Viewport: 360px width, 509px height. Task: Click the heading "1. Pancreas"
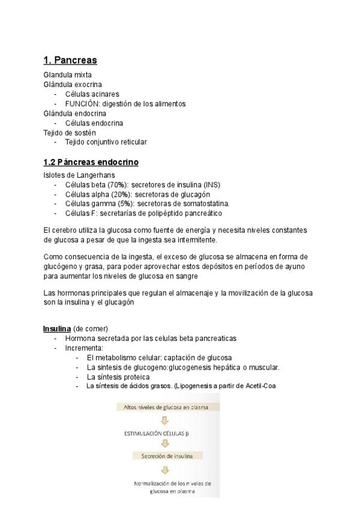point(70,60)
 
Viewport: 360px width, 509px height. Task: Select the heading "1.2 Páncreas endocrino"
point(91,162)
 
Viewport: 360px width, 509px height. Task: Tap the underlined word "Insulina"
point(57,328)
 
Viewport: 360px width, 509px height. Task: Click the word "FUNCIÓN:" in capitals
point(82,104)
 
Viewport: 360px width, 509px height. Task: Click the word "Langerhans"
point(95,175)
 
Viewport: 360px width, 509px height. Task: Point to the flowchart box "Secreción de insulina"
point(167,456)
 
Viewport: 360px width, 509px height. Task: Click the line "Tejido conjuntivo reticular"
point(106,142)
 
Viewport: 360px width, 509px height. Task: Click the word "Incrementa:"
point(84,348)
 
